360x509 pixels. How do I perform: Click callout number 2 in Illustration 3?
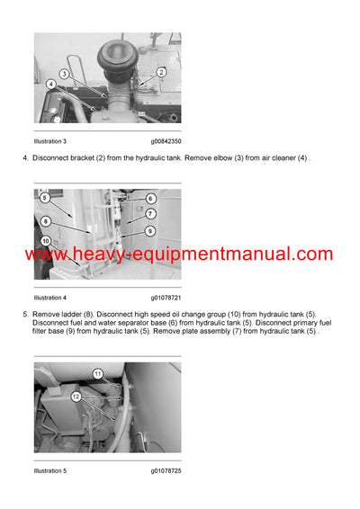coord(161,71)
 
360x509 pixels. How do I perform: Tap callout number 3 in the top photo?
coord(65,73)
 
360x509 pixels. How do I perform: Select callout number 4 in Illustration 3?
coord(50,84)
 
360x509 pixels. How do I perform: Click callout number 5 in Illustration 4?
coord(45,198)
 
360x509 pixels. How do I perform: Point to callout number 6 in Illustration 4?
coord(150,198)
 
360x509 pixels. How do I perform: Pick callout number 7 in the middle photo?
coord(150,214)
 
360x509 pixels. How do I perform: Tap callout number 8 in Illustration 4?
coord(45,219)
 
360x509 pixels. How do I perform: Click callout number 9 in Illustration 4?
coord(150,231)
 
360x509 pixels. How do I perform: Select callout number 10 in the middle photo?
coord(45,241)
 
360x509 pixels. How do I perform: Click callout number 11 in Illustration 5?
coord(98,371)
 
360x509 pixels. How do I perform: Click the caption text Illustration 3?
coord(50,141)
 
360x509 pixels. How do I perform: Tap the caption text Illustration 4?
coord(50,297)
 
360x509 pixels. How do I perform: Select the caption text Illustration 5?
coord(50,470)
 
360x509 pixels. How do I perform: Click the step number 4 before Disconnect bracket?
coord(24,159)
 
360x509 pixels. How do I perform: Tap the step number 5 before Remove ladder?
coord(24,315)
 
